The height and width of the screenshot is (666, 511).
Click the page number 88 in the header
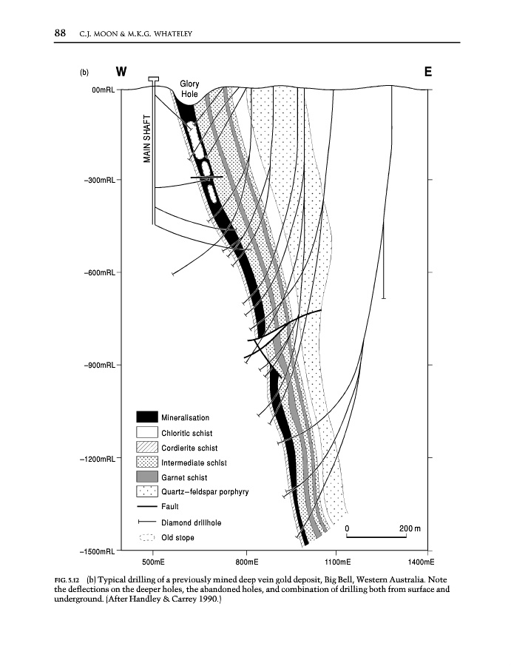(61, 33)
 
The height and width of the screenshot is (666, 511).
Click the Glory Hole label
(190, 90)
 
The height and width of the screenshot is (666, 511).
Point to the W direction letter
(121, 73)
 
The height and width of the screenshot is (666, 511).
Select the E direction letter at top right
(428, 73)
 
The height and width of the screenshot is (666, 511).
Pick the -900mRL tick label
(99, 366)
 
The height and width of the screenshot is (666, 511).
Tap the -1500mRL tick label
(98, 551)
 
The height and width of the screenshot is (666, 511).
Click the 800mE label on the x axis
(246, 563)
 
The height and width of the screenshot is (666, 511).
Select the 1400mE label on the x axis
(419, 563)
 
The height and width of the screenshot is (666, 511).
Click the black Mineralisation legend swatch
(146, 417)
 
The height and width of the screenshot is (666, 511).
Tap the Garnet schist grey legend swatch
(146, 477)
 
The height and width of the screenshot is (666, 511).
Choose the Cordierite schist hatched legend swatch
(146, 448)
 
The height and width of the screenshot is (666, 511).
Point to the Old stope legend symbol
(146, 537)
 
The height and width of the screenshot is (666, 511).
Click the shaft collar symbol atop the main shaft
(154, 79)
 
